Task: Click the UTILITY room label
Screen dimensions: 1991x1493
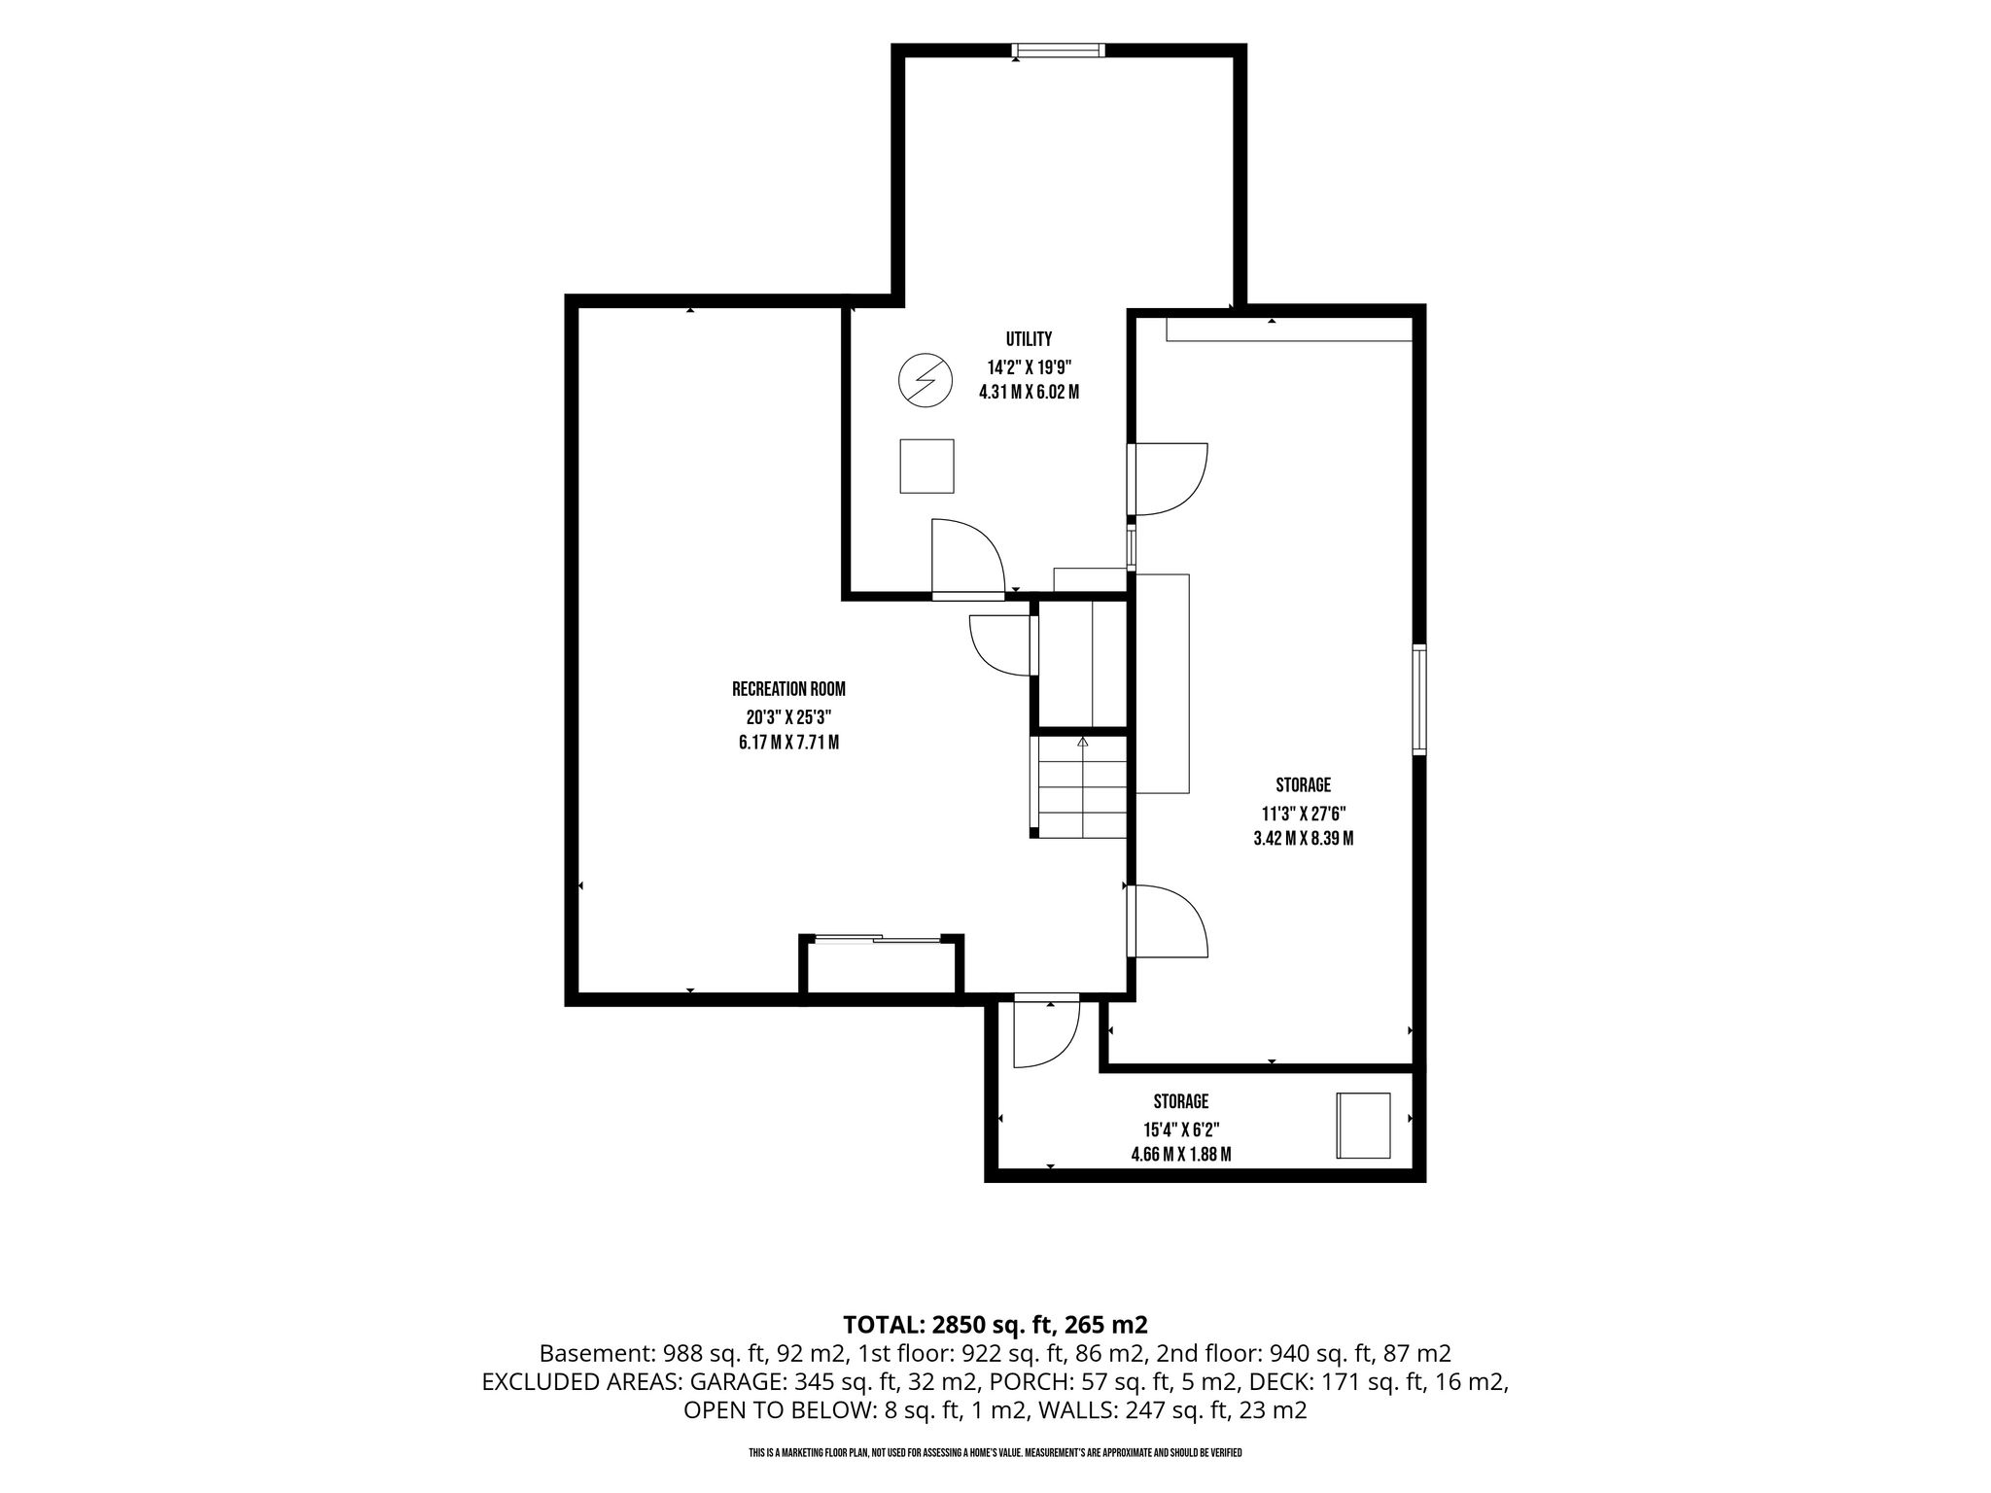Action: pos(1029,339)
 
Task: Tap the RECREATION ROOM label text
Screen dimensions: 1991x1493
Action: pos(788,689)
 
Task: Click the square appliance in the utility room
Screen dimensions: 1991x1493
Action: pos(926,466)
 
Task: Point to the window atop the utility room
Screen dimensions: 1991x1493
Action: pos(1058,51)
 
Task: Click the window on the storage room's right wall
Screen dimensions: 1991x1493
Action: pos(1419,699)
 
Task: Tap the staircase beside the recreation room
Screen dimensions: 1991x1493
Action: pos(1079,787)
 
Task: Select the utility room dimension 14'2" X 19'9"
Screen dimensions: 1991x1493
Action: pos(1029,367)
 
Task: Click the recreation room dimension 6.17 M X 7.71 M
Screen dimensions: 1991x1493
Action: pos(788,744)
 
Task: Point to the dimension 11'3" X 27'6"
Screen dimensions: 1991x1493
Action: pos(1304,813)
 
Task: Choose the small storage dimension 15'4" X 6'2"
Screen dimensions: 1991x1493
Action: pos(1181,1129)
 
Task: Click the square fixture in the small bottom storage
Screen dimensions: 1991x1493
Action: pos(1363,1126)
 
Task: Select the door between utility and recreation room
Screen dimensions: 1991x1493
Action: pos(966,558)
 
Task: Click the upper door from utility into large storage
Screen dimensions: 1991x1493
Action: pos(1168,478)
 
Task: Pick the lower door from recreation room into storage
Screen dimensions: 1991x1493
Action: pos(1168,921)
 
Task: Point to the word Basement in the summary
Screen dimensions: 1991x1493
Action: pos(597,1353)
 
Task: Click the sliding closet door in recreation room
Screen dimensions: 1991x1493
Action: pos(878,939)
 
